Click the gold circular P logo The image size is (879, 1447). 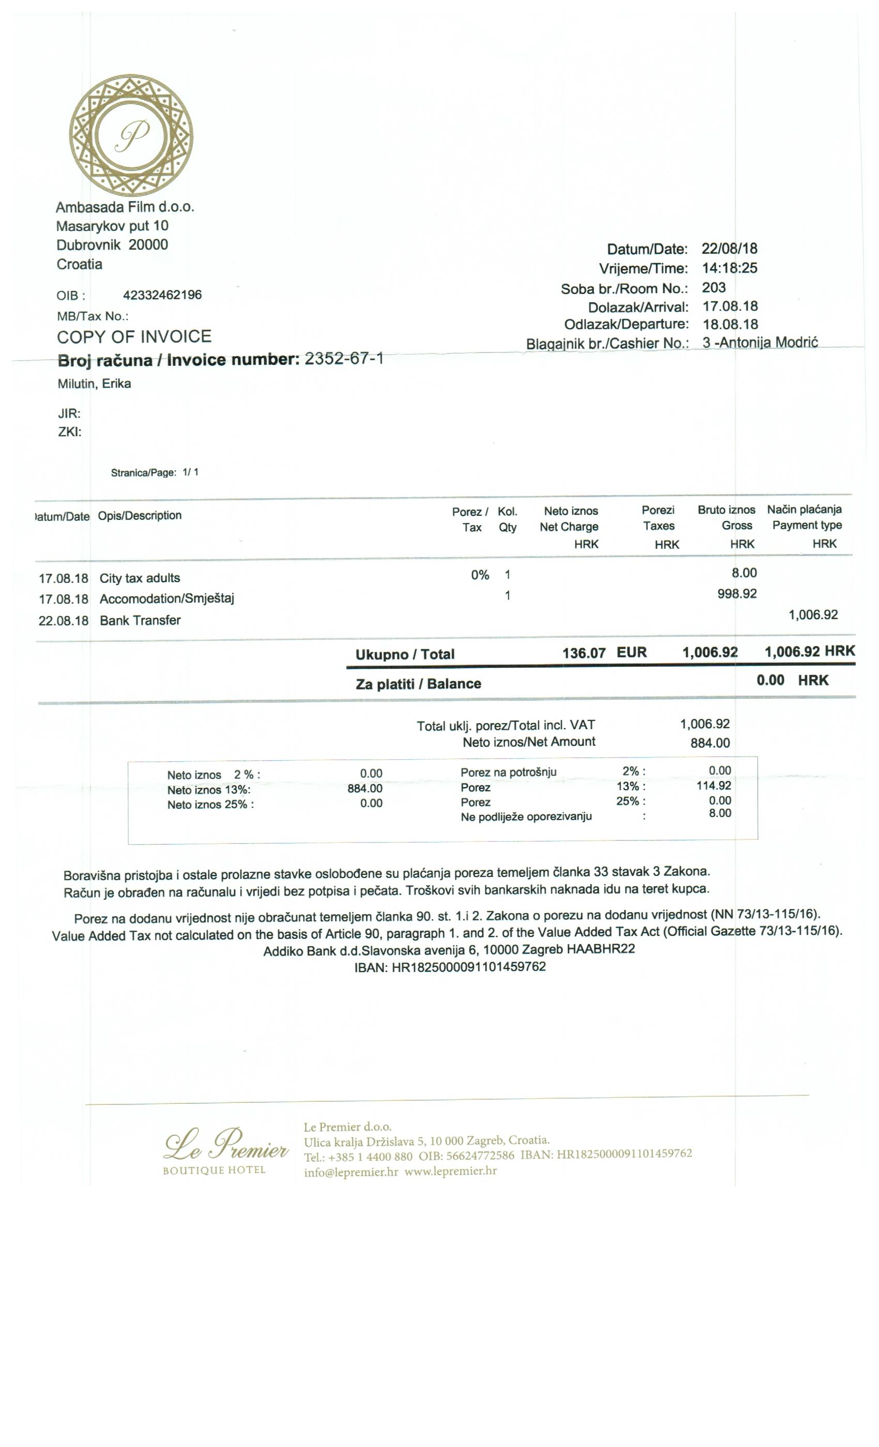(x=131, y=135)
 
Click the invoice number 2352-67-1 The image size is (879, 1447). (x=344, y=359)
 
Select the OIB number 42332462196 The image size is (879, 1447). (x=162, y=295)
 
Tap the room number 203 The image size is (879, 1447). (x=714, y=288)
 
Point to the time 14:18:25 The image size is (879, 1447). (x=729, y=268)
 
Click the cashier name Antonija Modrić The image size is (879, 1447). (x=767, y=342)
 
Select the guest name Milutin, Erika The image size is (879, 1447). (x=94, y=384)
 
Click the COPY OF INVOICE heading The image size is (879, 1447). (x=134, y=336)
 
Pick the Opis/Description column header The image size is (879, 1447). (x=140, y=516)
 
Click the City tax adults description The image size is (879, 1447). (x=140, y=578)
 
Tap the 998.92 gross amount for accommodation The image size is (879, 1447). (x=737, y=594)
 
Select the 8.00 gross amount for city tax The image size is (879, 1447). (x=744, y=573)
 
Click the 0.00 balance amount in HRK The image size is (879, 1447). (x=770, y=681)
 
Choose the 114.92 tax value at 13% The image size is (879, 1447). (x=714, y=786)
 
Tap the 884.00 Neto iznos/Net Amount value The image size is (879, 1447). (x=710, y=744)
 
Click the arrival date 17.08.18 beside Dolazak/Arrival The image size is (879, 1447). (x=730, y=306)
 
